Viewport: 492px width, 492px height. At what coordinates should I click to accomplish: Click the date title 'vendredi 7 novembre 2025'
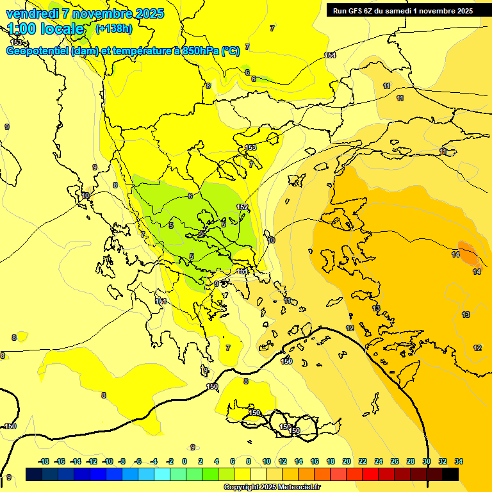(x=85, y=13)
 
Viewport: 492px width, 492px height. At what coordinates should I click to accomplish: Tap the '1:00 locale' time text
(x=46, y=28)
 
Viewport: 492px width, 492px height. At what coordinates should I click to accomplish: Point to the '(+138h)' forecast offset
(x=113, y=28)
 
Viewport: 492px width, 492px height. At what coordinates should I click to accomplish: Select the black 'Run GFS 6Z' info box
(x=402, y=10)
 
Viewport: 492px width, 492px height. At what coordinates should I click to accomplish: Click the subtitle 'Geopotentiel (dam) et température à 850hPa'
(x=123, y=51)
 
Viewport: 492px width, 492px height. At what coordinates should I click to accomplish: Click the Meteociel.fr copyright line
(x=272, y=487)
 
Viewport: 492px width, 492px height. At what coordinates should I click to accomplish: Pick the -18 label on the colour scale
(x=44, y=461)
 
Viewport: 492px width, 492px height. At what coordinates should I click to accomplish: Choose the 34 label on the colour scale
(x=459, y=461)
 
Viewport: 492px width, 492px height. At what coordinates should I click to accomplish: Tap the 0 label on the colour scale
(x=185, y=461)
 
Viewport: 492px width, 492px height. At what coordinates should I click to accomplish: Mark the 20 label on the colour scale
(x=347, y=461)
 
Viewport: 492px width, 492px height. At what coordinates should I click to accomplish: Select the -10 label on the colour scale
(x=108, y=461)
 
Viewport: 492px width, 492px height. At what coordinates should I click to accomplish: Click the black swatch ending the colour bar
(x=450, y=474)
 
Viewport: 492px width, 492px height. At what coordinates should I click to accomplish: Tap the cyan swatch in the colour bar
(x=162, y=474)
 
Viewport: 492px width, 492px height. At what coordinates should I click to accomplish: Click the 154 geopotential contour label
(x=330, y=55)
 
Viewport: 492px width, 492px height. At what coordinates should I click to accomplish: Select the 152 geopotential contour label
(x=242, y=207)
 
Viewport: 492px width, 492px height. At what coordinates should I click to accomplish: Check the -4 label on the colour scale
(x=154, y=461)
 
